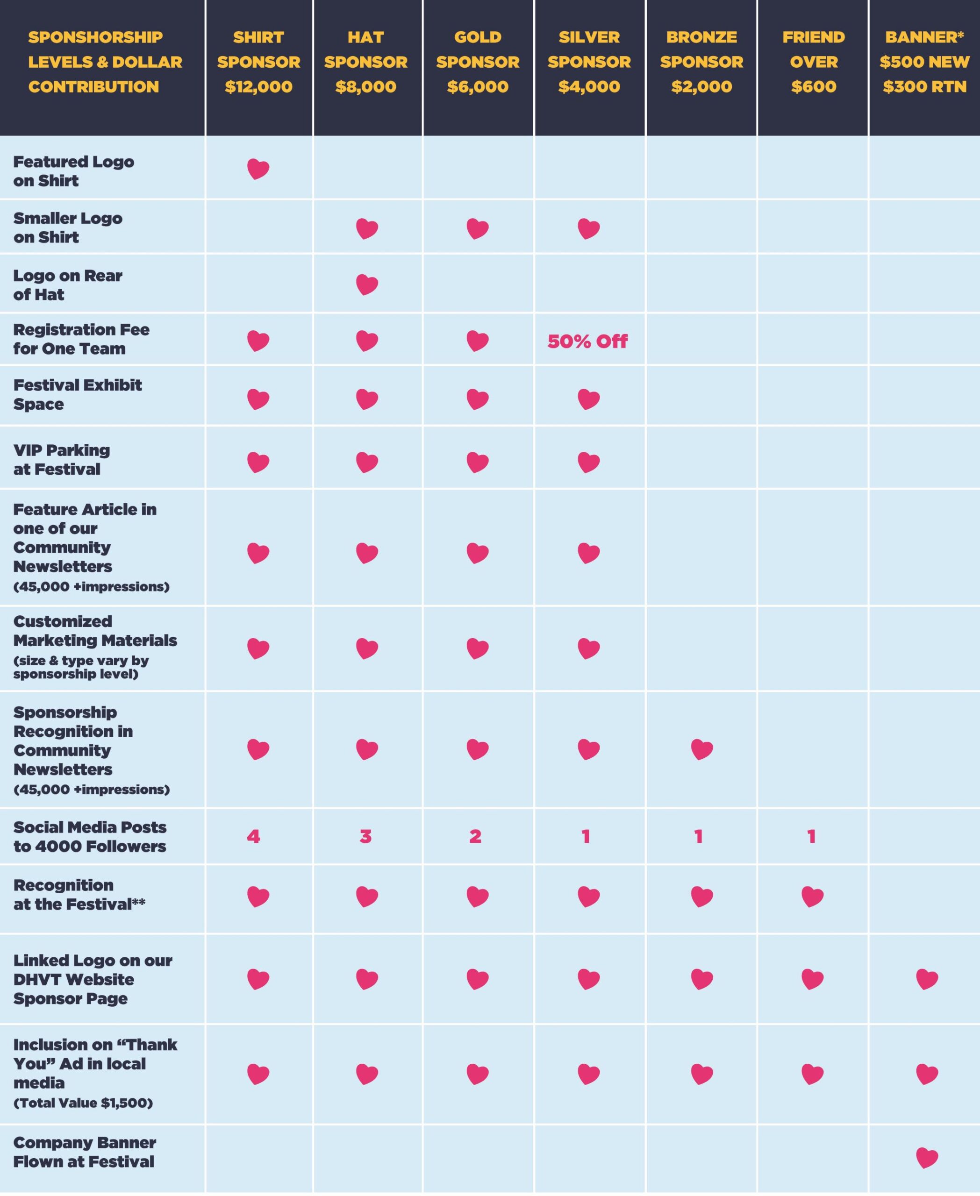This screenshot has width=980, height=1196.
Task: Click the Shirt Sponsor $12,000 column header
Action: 258,62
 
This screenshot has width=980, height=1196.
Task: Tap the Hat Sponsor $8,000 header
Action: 366,62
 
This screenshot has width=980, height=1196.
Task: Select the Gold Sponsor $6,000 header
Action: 478,62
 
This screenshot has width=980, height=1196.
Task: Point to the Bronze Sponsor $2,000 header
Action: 701,62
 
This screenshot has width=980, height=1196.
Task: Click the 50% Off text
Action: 587,342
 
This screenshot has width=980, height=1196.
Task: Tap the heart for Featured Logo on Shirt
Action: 258,169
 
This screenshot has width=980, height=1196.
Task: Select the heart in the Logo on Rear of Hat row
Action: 367,285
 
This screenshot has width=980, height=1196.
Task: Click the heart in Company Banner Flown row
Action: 926,1158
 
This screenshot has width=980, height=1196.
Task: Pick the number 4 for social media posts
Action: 253,836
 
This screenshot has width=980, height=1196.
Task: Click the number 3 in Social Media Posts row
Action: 366,836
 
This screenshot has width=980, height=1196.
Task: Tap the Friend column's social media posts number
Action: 812,836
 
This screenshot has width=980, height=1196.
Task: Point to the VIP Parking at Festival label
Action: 62,459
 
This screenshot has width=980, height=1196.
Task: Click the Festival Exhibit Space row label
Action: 77,394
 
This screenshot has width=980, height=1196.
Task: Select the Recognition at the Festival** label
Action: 79,895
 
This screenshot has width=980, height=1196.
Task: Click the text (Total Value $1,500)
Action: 83,1102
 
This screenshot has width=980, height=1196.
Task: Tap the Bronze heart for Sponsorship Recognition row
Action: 701,749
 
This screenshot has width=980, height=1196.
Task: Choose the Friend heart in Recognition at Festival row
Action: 812,896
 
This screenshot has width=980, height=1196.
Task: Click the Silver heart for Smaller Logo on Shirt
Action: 588,228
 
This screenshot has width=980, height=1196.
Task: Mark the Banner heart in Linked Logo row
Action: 926,979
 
